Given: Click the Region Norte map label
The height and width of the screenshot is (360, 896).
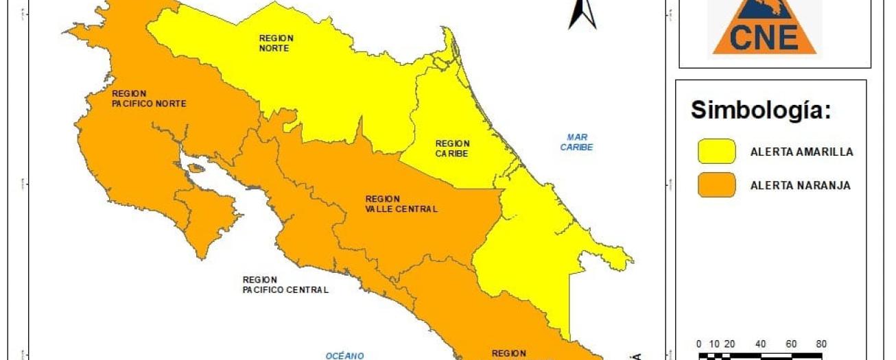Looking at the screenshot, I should (276, 43).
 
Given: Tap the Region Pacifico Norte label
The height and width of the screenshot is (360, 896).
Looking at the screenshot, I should (149, 98).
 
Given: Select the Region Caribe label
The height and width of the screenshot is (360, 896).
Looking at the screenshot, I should (452, 149).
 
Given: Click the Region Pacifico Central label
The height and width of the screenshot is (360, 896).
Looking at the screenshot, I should (285, 285).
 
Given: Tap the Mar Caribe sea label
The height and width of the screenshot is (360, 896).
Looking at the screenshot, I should (576, 142).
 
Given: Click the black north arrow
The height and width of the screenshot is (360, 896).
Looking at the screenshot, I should (582, 14).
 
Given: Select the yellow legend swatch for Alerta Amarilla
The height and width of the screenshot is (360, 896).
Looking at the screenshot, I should (716, 152).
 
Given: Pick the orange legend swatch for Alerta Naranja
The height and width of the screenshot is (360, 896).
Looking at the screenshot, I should (716, 185).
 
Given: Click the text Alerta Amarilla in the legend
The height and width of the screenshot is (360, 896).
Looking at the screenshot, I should (801, 152).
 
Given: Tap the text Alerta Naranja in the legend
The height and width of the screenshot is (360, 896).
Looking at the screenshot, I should (800, 186).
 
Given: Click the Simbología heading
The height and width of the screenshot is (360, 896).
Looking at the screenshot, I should (761, 110).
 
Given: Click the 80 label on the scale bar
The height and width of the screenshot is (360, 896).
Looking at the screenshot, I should (821, 344).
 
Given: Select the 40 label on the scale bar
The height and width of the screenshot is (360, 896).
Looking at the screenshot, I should (760, 344).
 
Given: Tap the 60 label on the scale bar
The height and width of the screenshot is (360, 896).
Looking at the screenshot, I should (790, 344).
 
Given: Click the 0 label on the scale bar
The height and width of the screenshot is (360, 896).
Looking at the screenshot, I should (698, 344).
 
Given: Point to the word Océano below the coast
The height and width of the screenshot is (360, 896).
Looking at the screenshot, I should (344, 355).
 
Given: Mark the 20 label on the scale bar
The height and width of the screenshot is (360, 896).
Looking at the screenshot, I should (729, 344).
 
